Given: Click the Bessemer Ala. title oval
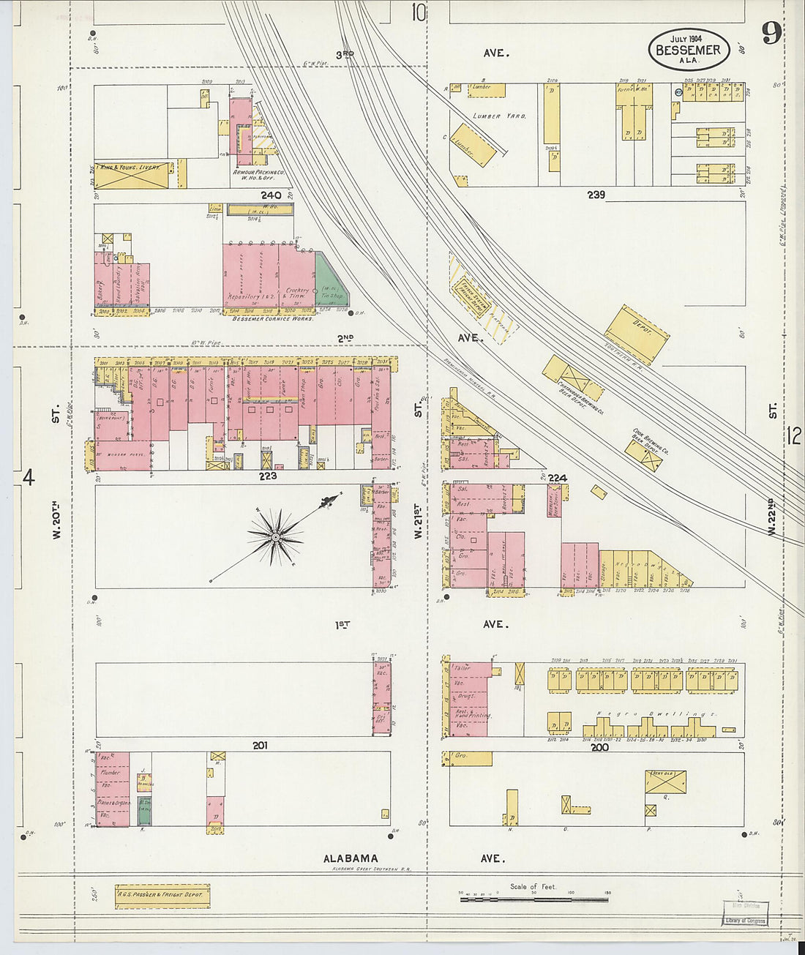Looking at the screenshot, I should [x=688, y=50].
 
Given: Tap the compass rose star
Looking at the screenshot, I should [x=275, y=538].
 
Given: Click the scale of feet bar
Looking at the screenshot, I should [x=535, y=898].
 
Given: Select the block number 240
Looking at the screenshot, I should [x=271, y=195].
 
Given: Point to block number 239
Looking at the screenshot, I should [x=596, y=195].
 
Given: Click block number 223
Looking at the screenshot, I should [x=267, y=476].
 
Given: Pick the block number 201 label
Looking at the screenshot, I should [x=260, y=745].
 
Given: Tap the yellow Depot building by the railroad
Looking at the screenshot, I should [x=637, y=334].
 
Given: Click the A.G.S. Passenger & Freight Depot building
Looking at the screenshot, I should [x=162, y=896].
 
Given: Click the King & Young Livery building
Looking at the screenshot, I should [x=131, y=175].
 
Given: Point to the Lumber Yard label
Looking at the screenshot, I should [x=499, y=116].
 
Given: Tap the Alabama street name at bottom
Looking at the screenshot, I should [x=352, y=858].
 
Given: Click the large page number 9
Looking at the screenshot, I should [x=771, y=33].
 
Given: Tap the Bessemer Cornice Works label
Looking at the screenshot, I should [x=273, y=319].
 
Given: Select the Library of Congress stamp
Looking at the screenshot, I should [x=745, y=921].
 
